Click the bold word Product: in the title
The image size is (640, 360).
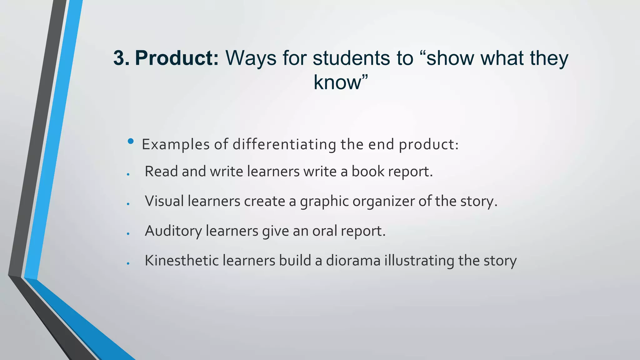(x=177, y=58)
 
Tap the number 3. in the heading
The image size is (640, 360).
(x=121, y=58)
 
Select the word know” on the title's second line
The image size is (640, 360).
(x=341, y=82)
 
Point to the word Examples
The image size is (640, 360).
(x=176, y=145)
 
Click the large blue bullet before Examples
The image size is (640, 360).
(x=131, y=142)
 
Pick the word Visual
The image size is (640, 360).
(x=164, y=201)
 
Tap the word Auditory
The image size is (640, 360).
(x=173, y=231)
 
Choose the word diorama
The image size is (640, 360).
(x=353, y=261)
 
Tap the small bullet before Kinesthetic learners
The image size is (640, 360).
(x=128, y=263)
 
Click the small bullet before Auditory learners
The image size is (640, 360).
(x=128, y=234)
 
